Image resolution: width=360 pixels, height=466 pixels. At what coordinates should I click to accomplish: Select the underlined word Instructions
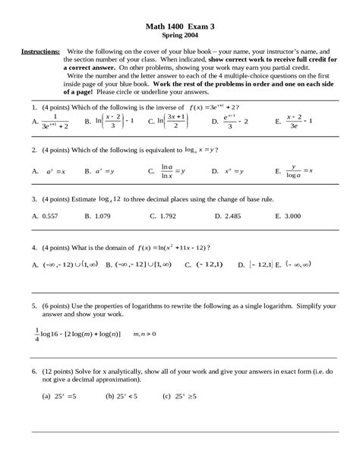pyautogui.click(x=40, y=50)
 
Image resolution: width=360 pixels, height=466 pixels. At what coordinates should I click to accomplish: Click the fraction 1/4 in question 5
pyautogui.click(x=36, y=333)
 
